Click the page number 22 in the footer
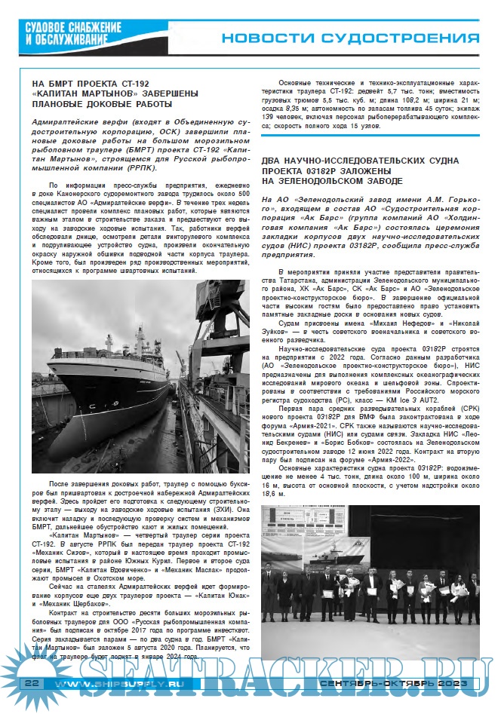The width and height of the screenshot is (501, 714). [32, 683]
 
